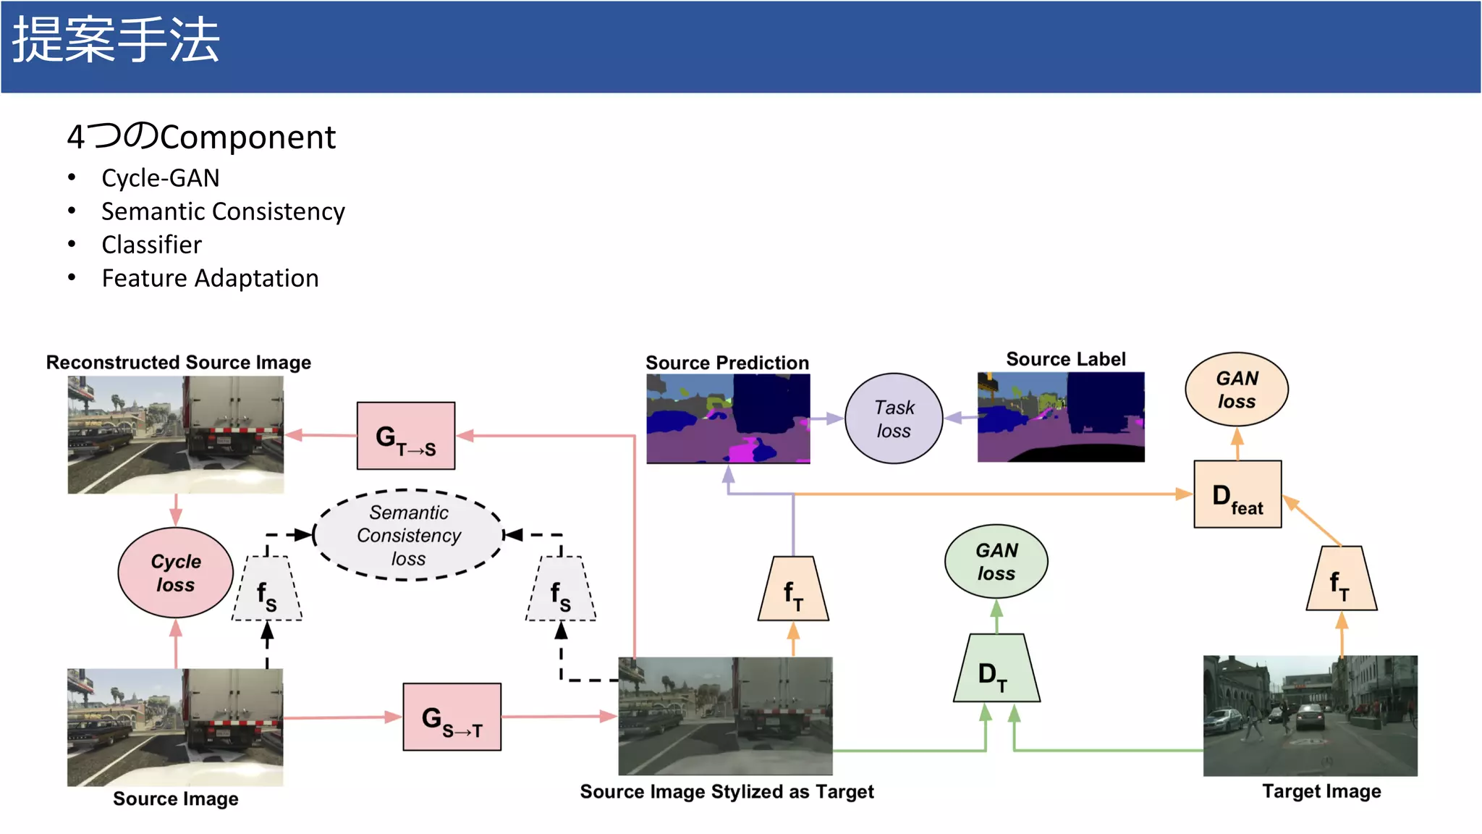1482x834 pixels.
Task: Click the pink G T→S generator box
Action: [x=406, y=436]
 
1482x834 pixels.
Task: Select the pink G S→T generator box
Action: [x=452, y=717]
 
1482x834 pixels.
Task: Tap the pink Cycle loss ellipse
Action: [x=176, y=573]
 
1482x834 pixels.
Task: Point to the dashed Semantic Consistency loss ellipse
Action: [x=409, y=535]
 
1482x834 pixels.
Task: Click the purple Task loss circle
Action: [x=894, y=418]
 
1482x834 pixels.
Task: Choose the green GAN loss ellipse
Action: [x=996, y=562]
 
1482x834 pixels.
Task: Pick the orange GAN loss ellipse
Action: [x=1237, y=389]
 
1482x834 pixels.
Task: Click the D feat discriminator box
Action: [x=1237, y=494]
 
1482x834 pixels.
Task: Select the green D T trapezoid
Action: [x=996, y=670]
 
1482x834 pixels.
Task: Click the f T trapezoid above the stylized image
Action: [x=793, y=589]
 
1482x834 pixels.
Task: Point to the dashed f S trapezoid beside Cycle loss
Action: [x=267, y=589]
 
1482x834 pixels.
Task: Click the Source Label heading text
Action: [x=1065, y=359]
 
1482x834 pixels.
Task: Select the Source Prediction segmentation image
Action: [x=728, y=418]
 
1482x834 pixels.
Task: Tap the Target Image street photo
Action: [x=1310, y=715]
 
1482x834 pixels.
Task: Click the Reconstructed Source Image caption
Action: [x=178, y=362]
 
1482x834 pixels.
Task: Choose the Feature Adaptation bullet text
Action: [x=210, y=278]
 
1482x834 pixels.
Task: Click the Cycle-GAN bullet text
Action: [x=160, y=178]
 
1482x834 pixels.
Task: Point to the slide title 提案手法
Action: [x=116, y=41]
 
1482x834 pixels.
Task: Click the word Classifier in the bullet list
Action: [x=151, y=245]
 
